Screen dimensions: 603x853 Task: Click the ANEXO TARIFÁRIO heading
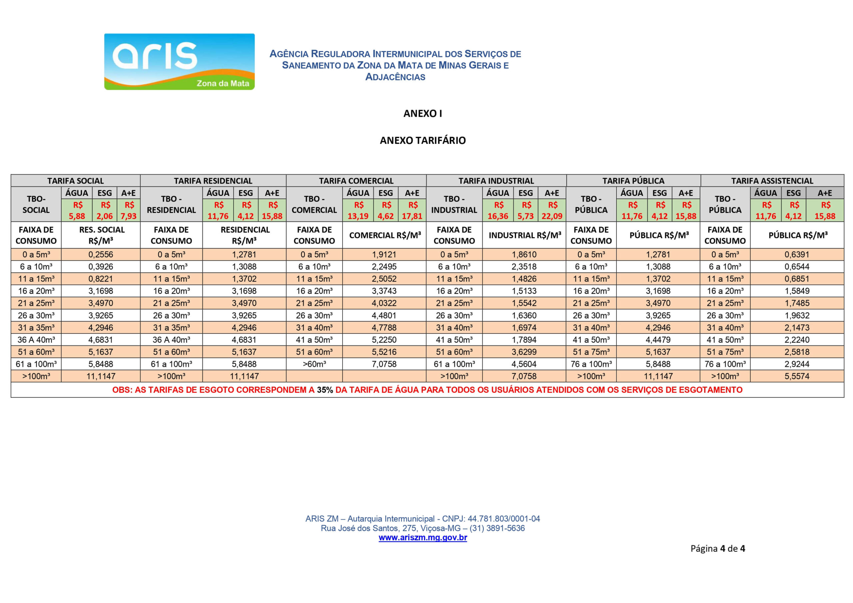pos(423,141)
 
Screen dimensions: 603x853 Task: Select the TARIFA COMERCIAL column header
pos(356,181)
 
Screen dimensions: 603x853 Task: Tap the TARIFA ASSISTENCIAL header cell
pos(772,181)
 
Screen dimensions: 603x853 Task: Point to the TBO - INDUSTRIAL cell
pos(454,204)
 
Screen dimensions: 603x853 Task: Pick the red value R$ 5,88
pos(77,211)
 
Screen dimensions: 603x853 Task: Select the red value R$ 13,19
pos(358,211)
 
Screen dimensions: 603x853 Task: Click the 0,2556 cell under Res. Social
pos(101,255)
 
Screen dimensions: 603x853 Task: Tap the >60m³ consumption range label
pos(314,364)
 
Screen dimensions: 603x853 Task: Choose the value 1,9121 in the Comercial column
pos(384,255)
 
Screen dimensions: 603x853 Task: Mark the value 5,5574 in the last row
pos(797,376)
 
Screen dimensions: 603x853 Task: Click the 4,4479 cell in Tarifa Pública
pos(658,340)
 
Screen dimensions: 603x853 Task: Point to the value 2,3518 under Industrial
pos(524,267)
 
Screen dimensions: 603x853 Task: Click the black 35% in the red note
pos(325,390)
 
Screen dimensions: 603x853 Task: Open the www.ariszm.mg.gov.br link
pos(423,538)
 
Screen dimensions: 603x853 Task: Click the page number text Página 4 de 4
pos(717,549)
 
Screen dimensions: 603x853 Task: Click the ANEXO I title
pos(423,114)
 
